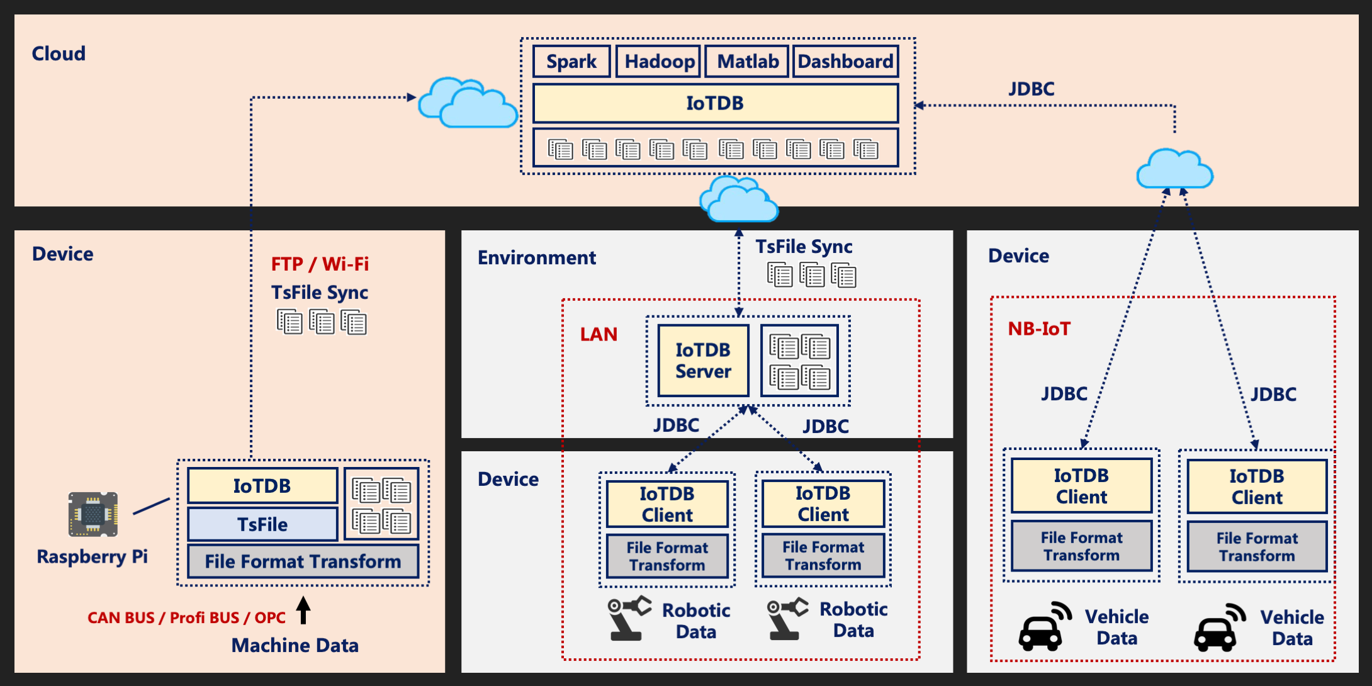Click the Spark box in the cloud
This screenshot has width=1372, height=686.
[x=571, y=62]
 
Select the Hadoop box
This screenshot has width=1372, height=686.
[x=658, y=62]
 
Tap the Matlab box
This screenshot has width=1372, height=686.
[x=747, y=62]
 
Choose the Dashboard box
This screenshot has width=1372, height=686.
[x=845, y=62]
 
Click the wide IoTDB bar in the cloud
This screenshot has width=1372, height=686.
[x=715, y=103]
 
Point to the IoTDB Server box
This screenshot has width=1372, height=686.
[x=703, y=361]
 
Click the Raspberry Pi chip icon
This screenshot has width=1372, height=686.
[x=93, y=514]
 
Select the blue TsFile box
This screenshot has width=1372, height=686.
[x=262, y=524]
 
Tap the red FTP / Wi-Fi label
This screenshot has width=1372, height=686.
[x=320, y=264]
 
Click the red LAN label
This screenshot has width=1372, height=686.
[x=598, y=334]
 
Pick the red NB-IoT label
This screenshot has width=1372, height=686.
[x=1039, y=329]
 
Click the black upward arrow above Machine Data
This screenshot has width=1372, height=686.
[x=303, y=609]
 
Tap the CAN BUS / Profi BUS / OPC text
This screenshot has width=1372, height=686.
[x=186, y=617]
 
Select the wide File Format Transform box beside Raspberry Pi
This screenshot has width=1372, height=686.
[x=303, y=561]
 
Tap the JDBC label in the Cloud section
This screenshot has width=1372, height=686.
[x=1031, y=89]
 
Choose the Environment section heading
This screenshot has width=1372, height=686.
[x=536, y=257]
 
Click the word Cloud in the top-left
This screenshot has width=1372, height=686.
[x=59, y=53]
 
